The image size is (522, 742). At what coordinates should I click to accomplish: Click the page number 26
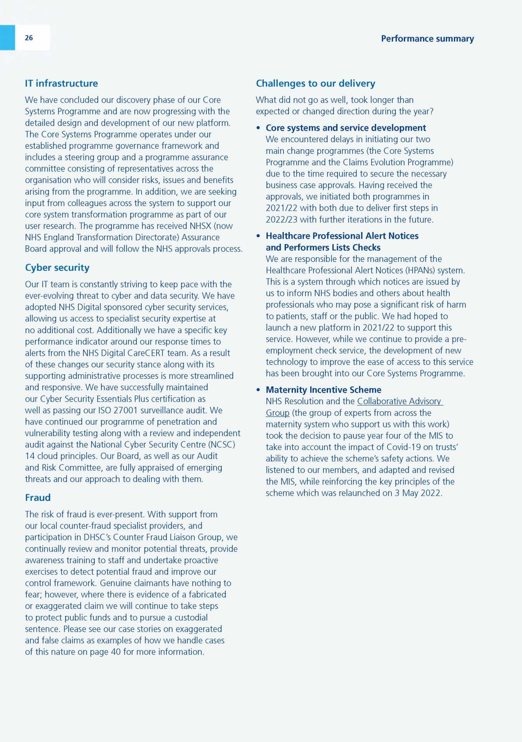pos(29,38)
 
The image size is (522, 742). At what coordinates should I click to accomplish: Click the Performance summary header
pos(427,39)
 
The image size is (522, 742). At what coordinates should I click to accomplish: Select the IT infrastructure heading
pos(61,83)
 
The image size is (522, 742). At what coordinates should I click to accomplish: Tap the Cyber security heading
pos(57,268)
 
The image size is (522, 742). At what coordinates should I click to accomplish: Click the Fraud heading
pos(38,498)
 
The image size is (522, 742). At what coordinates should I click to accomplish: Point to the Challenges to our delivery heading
pos(316,83)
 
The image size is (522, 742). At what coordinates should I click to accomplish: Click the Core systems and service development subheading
pos(346,128)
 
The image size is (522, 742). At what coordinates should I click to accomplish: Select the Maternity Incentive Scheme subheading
pos(323,390)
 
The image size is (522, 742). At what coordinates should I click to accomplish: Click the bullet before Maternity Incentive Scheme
pos(258,390)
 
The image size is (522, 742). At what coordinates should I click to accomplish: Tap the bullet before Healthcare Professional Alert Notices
pos(258,236)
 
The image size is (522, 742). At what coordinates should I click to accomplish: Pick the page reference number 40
pos(116,652)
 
